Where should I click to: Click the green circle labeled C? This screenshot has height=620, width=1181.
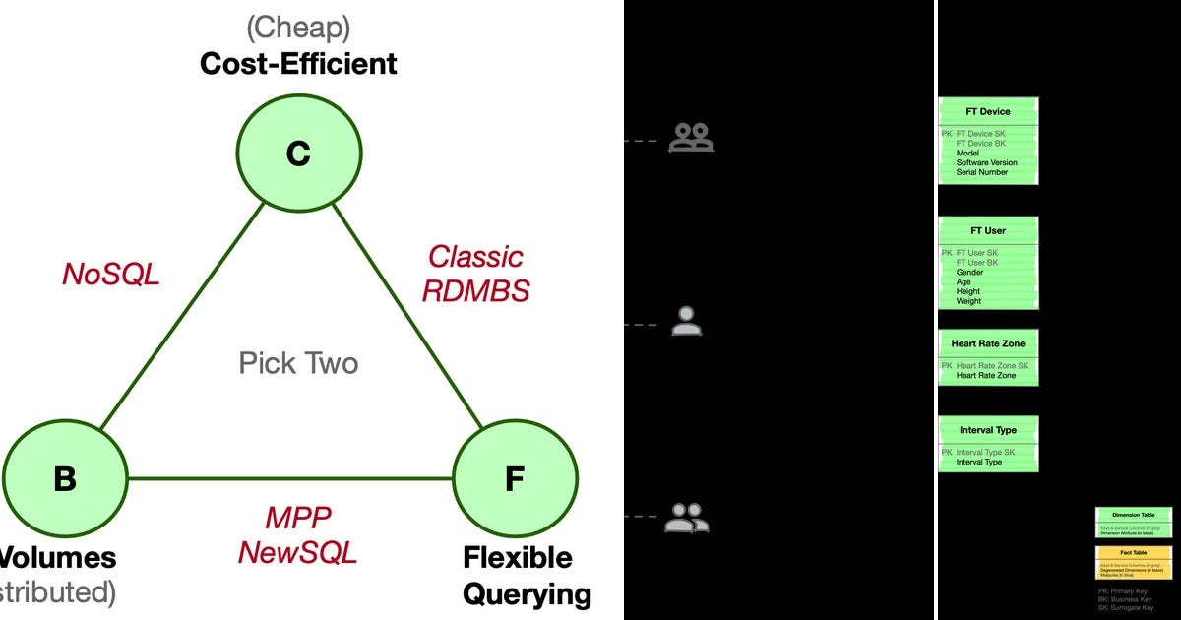click(x=298, y=153)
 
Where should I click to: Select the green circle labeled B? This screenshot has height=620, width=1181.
click(x=65, y=479)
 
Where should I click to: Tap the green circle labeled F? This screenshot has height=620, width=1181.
click(x=515, y=479)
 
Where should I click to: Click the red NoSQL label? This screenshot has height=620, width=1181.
click(x=110, y=275)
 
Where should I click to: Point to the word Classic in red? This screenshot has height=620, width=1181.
click(x=475, y=257)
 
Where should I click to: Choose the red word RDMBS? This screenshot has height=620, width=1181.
click(x=475, y=290)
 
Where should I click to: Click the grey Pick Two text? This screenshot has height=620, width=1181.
click(x=298, y=363)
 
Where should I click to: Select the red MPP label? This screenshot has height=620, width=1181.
click(x=297, y=518)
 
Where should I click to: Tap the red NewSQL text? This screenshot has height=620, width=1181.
click(x=297, y=552)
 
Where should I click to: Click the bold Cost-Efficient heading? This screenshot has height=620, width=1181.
click(x=298, y=64)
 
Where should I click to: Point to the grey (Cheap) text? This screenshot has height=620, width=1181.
click(x=298, y=26)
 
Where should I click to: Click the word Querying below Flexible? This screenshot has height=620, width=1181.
click(x=528, y=594)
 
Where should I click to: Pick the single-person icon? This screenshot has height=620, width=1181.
click(x=687, y=322)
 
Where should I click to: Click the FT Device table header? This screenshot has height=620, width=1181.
click(x=987, y=111)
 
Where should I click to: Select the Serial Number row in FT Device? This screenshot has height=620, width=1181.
click(x=981, y=172)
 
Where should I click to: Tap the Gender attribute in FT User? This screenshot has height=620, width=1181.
click(x=969, y=273)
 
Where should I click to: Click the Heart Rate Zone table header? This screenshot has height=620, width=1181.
click(x=987, y=343)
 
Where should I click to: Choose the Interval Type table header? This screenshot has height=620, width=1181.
click(x=987, y=430)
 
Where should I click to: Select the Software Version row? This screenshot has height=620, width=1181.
click(x=986, y=162)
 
